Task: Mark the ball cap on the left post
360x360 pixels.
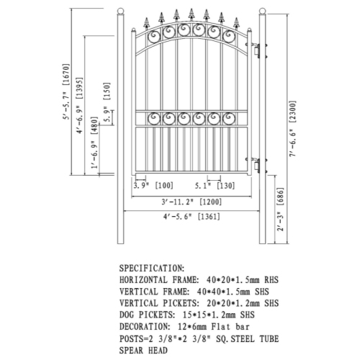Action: tap(121, 12)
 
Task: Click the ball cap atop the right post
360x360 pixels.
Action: tap(262, 12)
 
